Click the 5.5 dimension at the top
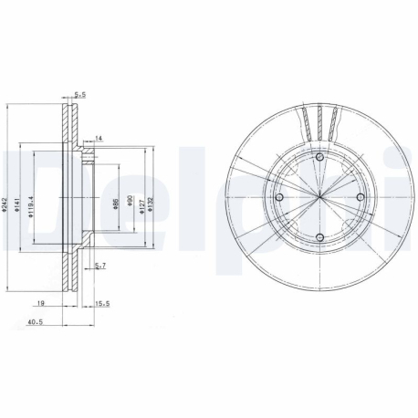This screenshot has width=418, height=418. (x=79, y=94)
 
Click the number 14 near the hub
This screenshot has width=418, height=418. (x=99, y=137)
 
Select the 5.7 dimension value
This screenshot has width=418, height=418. (x=100, y=266)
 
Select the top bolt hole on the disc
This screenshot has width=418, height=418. (x=319, y=160)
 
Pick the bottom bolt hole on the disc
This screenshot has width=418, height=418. (x=319, y=240)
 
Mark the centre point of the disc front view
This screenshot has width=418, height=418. (x=319, y=200)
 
